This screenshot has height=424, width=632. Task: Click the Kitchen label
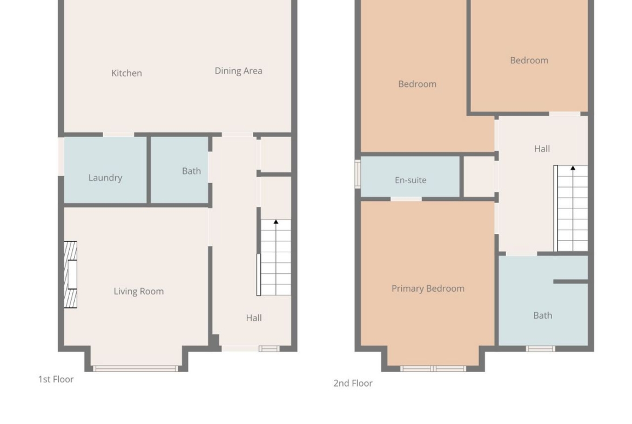coord(126,73)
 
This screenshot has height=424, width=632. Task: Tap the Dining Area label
coord(238,71)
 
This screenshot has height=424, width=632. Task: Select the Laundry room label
coord(105,178)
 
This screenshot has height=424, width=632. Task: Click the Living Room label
coord(139,292)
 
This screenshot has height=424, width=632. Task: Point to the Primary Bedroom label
coord(428,288)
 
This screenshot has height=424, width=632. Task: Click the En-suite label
coord(411,180)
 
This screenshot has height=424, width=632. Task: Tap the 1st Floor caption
coord(56,379)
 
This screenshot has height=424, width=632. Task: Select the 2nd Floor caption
coord(353,383)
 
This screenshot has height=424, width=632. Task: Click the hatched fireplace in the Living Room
coord(70,274)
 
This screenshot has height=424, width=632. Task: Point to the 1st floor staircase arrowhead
coord(275,221)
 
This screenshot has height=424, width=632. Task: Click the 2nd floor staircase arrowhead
coord(573,167)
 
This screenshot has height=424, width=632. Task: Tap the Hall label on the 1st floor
coord(254,318)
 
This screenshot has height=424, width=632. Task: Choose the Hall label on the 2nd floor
coord(542,149)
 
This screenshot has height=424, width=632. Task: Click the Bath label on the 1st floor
coord(191,171)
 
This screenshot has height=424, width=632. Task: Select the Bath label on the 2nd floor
coord(542,315)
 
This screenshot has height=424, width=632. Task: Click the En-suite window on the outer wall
coord(358,174)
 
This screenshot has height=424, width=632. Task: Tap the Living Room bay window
coord(136,368)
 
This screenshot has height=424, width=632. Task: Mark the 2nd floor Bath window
coord(540,348)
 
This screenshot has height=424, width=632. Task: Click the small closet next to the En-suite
coord(479,177)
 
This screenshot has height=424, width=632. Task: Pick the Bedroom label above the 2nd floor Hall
coord(529,60)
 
